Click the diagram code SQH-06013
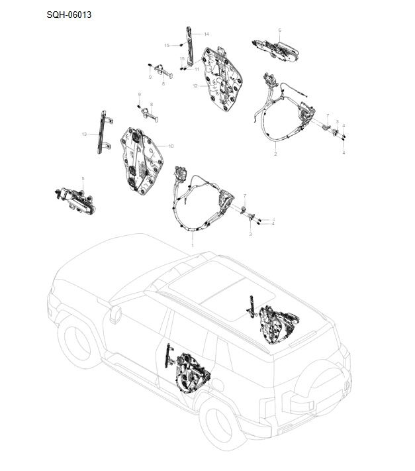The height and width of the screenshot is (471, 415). (x=69, y=15)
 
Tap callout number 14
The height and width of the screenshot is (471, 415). (x=206, y=34)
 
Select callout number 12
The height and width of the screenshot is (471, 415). (x=195, y=86)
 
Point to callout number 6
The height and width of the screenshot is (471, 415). (x=279, y=30)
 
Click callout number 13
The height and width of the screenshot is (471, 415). (x=84, y=134)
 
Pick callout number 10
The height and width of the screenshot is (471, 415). (x=171, y=146)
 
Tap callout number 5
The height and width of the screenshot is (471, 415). (x=83, y=179)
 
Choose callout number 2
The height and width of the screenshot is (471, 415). (x=275, y=154)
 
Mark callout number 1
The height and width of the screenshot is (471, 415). (x=193, y=245)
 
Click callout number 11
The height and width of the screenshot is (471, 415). (x=197, y=70)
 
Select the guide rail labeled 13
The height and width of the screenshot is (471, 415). (x=103, y=132)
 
